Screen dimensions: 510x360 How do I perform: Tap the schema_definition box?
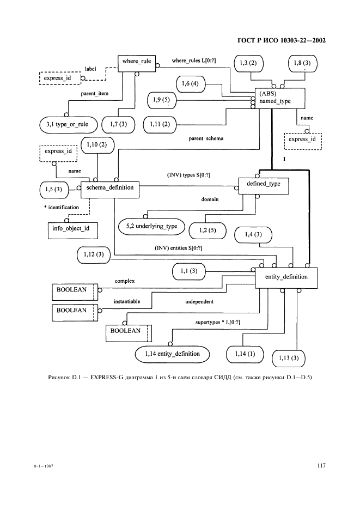click(x=110, y=189)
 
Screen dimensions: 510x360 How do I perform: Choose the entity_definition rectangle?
click(x=286, y=277)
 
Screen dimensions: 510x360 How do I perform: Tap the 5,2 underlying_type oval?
click(x=151, y=226)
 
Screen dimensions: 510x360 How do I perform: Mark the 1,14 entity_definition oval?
click(x=172, y=354)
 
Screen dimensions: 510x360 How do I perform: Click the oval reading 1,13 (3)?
click(x=288, y=357)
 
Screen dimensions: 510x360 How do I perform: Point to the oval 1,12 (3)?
click(x=94, y=254)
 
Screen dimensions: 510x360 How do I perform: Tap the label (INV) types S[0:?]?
click(x=188, y=175)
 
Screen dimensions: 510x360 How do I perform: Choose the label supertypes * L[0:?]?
click(x=218, y=323)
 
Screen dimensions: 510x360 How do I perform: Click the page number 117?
click(x=321, y=465)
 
